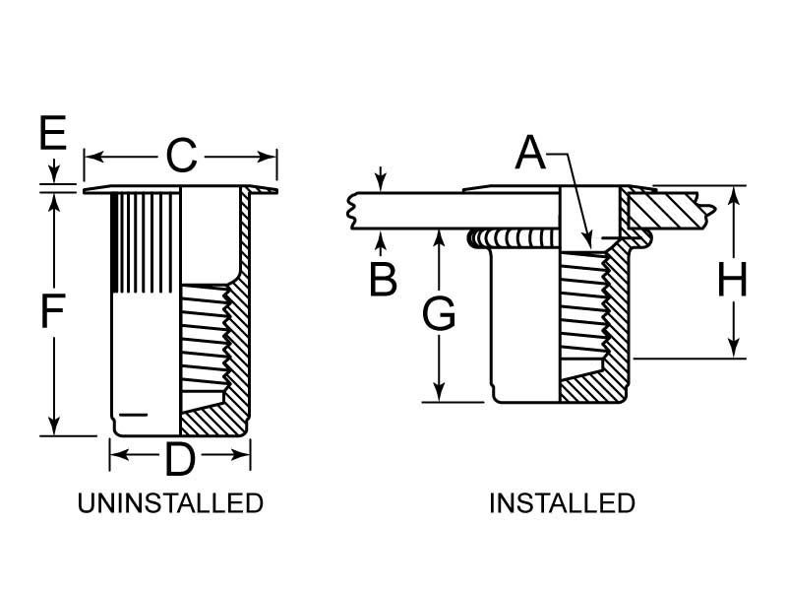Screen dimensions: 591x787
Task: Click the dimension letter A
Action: (530, 153)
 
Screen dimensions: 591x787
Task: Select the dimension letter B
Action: (383, 279)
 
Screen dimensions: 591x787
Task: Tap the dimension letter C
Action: (181, 156)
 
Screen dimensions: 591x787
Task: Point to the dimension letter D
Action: (179, 459)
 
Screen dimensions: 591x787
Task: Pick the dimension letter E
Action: (52, 134)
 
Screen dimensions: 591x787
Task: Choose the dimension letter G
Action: (439, 315)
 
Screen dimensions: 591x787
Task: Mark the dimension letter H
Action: (732, 280)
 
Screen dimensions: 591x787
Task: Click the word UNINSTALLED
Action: (170, 503)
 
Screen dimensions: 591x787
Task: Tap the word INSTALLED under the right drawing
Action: (562, 503)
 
